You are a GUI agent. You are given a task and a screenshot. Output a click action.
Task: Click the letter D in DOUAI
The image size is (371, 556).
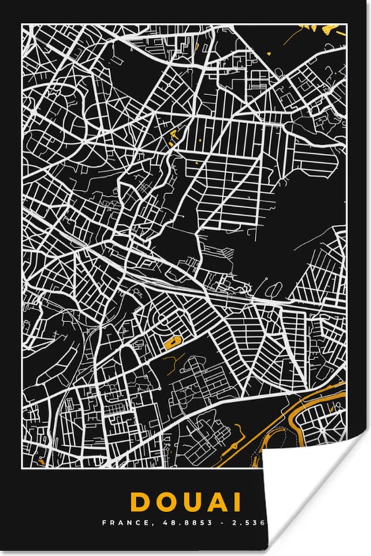140,502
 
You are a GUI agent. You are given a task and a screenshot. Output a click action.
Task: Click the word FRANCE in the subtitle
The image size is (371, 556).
118,523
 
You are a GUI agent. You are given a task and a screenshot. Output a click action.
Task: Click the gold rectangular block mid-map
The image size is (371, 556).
173,343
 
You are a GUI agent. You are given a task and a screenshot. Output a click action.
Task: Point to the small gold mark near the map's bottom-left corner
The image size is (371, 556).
42,461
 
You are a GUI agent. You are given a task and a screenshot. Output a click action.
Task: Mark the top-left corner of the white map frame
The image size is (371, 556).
22,24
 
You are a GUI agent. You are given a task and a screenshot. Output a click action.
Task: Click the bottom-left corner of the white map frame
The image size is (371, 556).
22,467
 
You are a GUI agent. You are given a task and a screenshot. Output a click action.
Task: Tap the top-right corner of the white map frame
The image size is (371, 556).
347,24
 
